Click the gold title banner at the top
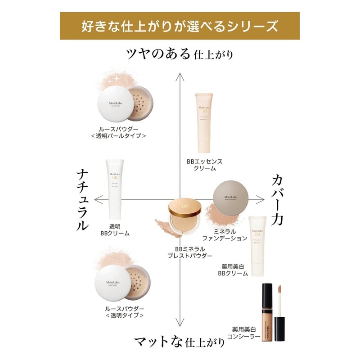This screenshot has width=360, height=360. pos(180,27)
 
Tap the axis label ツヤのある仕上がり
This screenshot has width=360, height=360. pos(180,54)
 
